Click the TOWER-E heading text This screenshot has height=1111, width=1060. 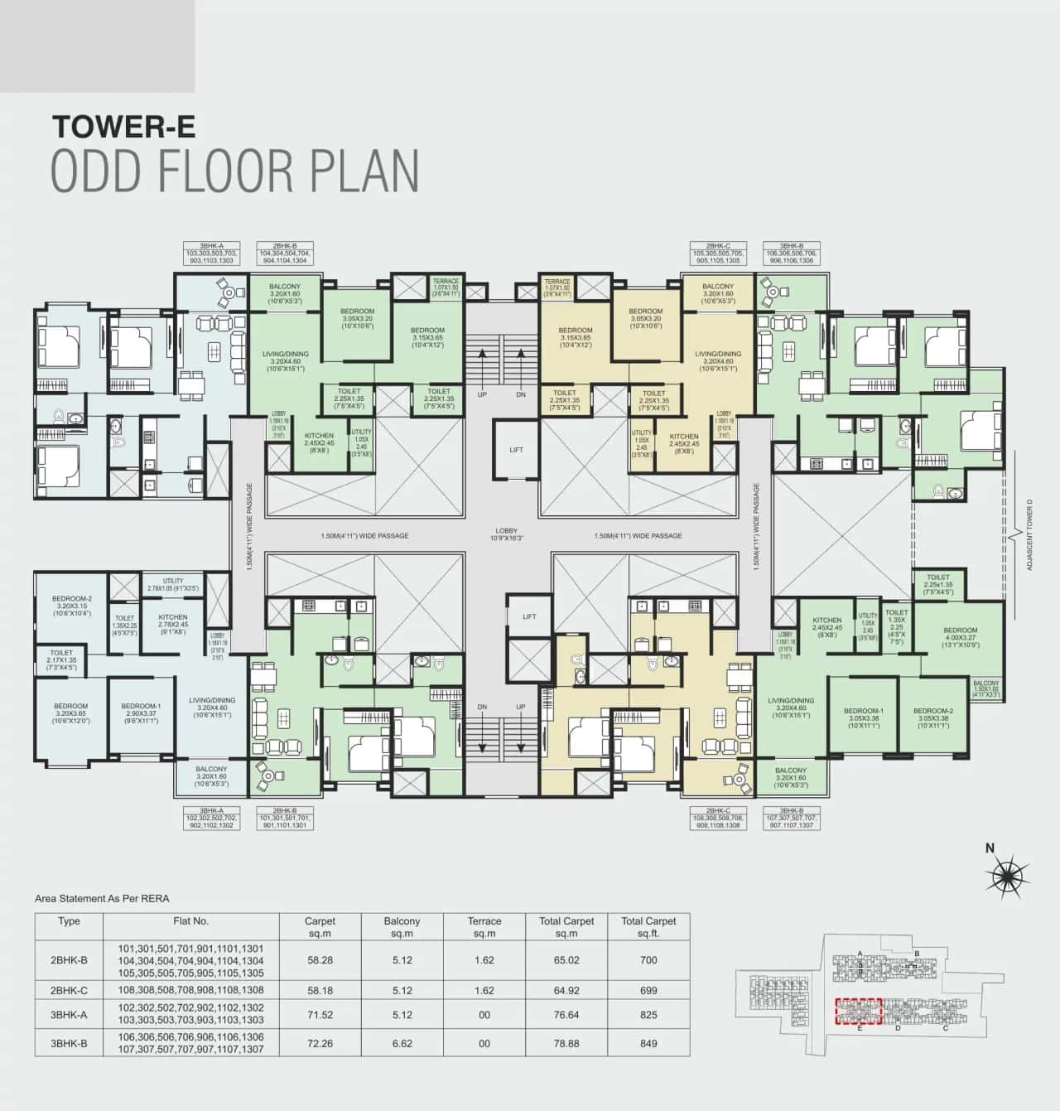click(x=124, y=126)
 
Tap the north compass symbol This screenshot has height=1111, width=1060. click(x=1005, y=875)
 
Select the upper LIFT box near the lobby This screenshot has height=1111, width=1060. click(x=516, y=450)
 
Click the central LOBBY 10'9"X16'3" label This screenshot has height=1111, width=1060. click(x=506, y=534)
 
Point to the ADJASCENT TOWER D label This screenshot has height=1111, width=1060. click(x=1030, y=534)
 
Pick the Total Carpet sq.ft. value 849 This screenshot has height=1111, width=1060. click(x=648, y=1043)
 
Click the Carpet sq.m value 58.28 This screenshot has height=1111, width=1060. click(x=320, y=960)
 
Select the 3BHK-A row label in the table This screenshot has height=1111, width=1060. click(x=69, y=1013)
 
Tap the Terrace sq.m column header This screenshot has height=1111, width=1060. click(x=484, y=926)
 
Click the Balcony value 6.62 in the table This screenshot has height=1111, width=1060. click(x=402, y=1043)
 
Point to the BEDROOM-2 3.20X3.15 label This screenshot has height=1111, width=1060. click(x=72, y=606)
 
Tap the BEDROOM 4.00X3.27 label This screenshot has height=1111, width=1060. click(x=960, y=637)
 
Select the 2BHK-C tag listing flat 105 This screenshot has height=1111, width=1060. click(x=718, y=253)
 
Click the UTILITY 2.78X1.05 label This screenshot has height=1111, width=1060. click(x=173, y=584)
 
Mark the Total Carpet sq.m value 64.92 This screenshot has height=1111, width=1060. click(x=566, y=990)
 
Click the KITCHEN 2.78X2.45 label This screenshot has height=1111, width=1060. click(x=173, y=621)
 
